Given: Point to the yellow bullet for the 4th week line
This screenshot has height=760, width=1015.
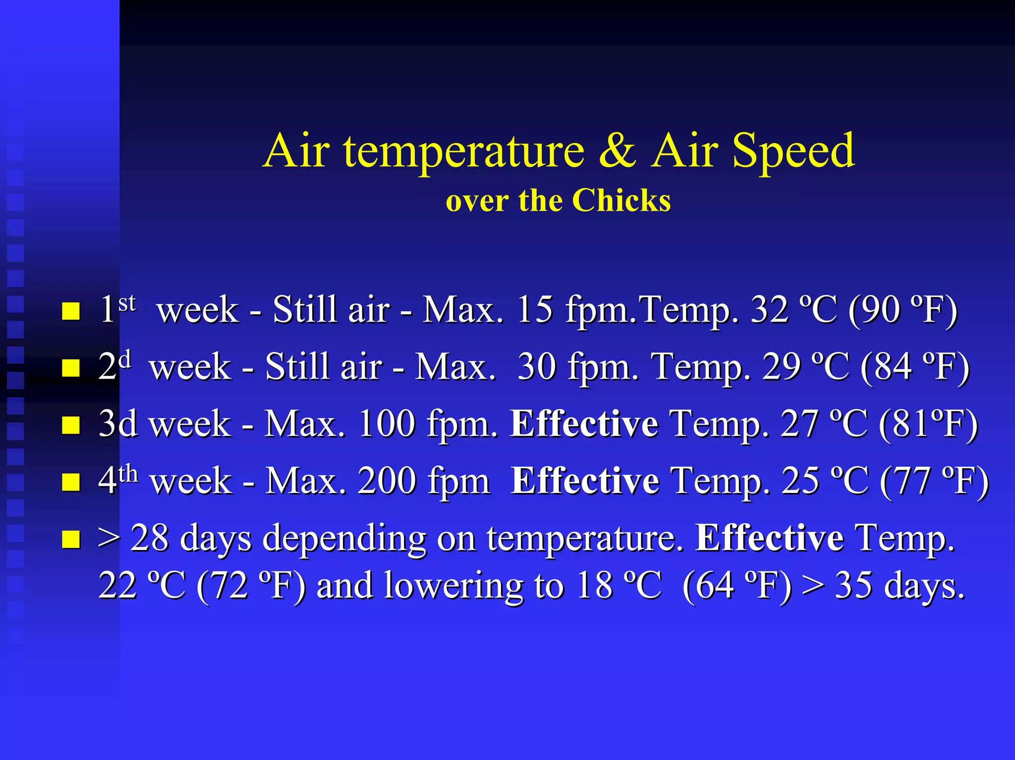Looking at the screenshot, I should [71, 482].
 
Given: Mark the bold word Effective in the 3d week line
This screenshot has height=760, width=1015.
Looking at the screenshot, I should [584, 424].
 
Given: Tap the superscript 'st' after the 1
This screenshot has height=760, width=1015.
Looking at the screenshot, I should [127, 302].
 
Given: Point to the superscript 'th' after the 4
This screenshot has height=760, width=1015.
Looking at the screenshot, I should [128, 473].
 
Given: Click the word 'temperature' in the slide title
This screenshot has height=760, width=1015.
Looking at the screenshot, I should [464, 151].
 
